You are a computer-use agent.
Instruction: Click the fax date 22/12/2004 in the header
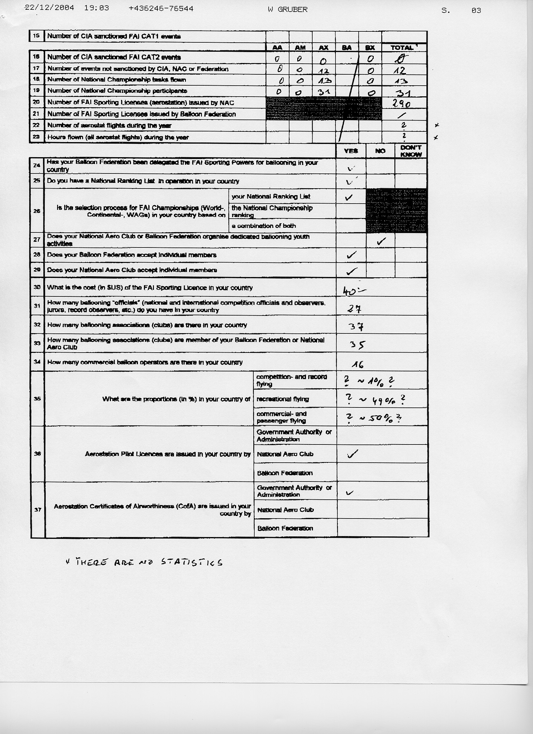pyautogui.click(x=50, y=8)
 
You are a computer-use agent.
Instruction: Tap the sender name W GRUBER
pyautogui.click(x=288, y=10)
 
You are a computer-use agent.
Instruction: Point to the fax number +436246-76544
pyautogui.click(x=161, y=8)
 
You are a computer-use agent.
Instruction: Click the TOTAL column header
pyautogui.click(x=402, y=48)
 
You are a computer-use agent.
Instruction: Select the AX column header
pyautogui.click(x=324, y=48)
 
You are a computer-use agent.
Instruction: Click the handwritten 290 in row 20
pyautogui.click(x=401, y=104)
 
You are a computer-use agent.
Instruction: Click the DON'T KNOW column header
pyautogui.click(x=411, y=151)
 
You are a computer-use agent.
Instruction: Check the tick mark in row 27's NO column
pyautogui.click(x=381, y=241)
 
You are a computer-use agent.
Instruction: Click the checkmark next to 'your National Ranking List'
pyautogui.click(x=349, y=197)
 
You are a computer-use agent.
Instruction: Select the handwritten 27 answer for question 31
pyautogui.click(x=355, y=309)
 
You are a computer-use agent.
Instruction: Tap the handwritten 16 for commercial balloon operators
pyautogui.click(x=358, y=365)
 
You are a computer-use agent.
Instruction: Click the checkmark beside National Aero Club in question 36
pyautogui.click(x=352, y=455)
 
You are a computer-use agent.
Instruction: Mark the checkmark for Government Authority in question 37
pyautogui.click(x=349, y=493)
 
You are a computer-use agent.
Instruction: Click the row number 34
pyautogui.click(x=37, y=362)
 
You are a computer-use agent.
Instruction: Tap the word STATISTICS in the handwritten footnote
pyautogui.click(x=192, y=562)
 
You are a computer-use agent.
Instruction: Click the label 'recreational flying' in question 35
pyautogui.click(x=282, y=399)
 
